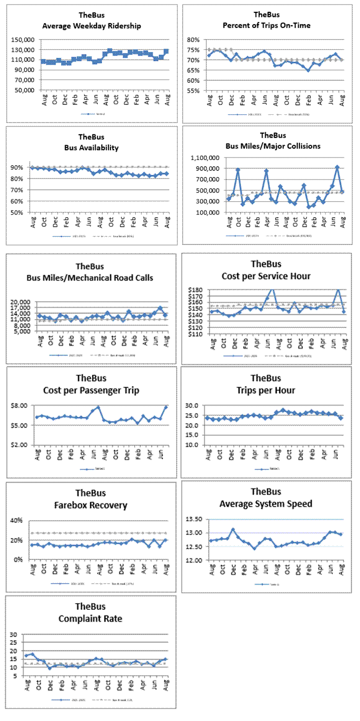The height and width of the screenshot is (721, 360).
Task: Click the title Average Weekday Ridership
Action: pyautogui.click(x=92, y=26)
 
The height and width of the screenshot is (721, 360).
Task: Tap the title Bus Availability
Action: pyautogui.click(x=92, y=148)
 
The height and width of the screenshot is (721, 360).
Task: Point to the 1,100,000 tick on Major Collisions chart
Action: pyautogui.click(x=206, y=158)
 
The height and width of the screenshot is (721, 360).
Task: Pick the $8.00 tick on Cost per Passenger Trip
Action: pyautogui.click(x=25, y=406)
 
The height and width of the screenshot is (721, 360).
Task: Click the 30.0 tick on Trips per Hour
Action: pyautogui.click(x=199, y=406)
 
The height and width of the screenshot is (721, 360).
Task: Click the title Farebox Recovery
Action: pyautogui.click(x=92, y=505)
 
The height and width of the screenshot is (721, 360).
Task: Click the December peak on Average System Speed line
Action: pyautogui.click(x=232, y=530)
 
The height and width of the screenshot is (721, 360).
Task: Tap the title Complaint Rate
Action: pyautogui.click(x=92, y=618)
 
